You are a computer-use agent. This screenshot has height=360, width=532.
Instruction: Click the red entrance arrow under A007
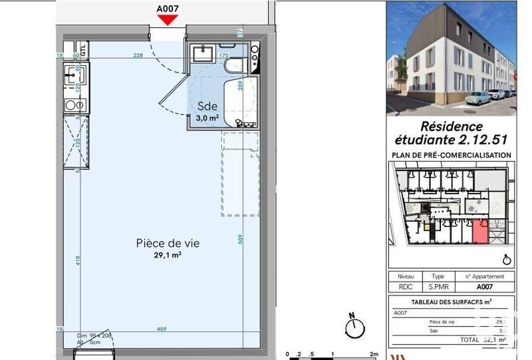point(168,20)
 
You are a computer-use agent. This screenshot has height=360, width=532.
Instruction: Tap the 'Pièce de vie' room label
point(168,244)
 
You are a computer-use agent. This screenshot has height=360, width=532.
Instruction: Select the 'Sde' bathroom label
point(206,106)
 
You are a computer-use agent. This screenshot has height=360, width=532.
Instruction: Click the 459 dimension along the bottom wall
point(162,329)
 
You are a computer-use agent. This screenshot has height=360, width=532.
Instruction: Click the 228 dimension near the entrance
point(138,55)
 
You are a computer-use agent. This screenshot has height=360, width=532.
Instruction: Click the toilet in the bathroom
point(234,66)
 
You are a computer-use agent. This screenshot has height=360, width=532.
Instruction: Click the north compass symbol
point(356,325)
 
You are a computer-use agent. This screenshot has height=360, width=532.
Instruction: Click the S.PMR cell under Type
point(438,287)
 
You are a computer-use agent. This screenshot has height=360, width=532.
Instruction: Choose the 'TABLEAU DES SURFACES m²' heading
point(452,302)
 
